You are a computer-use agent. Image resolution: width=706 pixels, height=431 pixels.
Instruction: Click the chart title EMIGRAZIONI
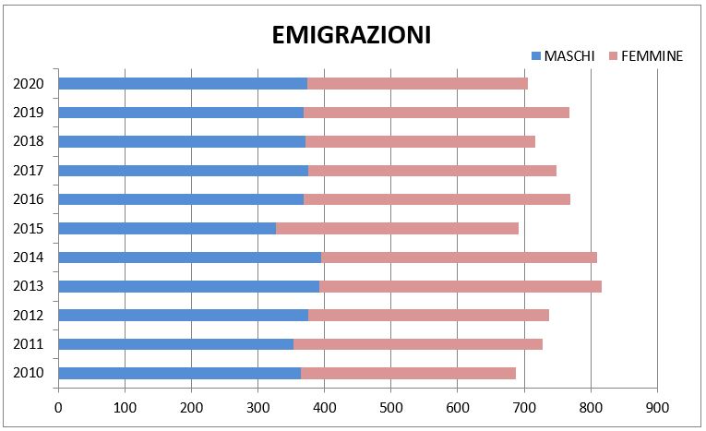352,35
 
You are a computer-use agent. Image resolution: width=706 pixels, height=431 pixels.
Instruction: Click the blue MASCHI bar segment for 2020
183,83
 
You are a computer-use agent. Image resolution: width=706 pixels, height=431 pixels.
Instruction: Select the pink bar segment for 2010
408,373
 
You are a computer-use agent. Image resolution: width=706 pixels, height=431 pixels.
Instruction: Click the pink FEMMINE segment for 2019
436,113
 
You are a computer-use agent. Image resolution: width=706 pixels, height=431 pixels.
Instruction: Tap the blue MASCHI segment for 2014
189,257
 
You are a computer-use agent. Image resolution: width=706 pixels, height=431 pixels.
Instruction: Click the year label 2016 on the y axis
29,199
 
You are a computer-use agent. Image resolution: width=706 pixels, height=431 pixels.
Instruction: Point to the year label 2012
29,315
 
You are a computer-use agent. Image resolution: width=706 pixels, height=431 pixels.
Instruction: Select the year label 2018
29,141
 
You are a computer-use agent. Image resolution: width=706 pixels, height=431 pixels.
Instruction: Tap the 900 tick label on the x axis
656,405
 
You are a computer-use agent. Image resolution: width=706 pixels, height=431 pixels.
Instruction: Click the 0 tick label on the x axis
58,405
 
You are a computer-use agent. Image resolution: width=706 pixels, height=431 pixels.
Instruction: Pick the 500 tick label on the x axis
390,405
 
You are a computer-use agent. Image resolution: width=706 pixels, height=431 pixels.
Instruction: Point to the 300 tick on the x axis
257,405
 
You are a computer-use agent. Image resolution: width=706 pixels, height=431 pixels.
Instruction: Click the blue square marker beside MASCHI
535,56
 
